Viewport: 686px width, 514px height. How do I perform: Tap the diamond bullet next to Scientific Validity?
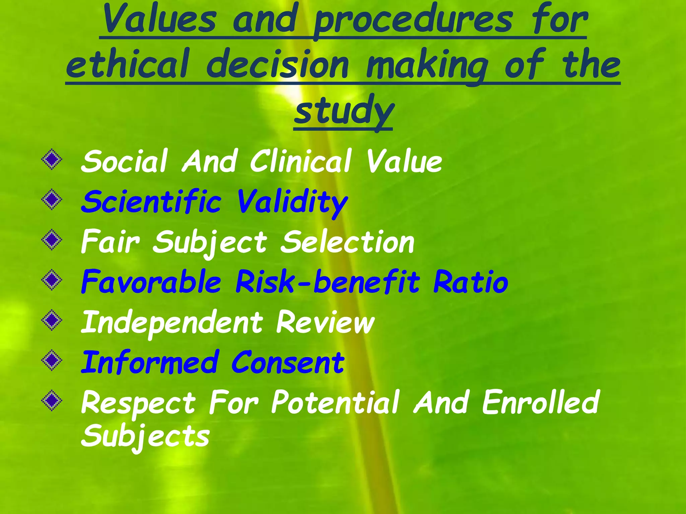click(52, 200)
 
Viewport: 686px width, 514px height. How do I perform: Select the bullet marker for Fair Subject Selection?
click(52, 240)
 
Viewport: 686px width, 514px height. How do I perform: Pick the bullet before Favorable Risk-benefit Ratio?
click(52, 280)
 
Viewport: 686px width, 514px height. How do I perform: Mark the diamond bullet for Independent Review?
click(52, 320)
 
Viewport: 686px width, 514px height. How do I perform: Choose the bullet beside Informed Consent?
click(52, 360)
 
